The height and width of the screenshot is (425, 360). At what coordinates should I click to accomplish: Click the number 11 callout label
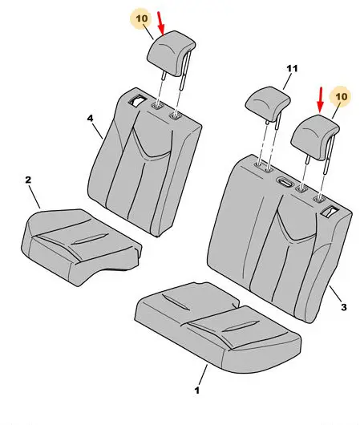pyautogui.click(x=292, y=68)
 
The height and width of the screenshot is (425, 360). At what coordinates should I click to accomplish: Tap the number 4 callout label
pyautogui.click(x=90, y=118)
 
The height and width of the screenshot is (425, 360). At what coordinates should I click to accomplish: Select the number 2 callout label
pyautogui.click(x=28, y=180)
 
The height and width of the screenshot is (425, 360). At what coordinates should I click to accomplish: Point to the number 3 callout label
pyautogui.click(x=343, y=307)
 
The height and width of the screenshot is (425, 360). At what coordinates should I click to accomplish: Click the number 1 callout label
pyautogui.click(x=197, y=390)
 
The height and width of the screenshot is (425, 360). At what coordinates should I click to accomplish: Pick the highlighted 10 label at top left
pyautogui.click(x=142, y=18)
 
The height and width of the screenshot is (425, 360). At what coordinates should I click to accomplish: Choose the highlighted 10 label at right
pyautogui.click(x=341, y=96)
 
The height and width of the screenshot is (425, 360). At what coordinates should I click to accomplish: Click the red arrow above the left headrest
pyautogui.click(x=161, y=23)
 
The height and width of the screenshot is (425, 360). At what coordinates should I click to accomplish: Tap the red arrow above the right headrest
pyautogui.click(x=321, y=100)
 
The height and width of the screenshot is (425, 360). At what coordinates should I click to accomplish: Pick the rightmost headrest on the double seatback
pyautogui.click(x=314, y=137)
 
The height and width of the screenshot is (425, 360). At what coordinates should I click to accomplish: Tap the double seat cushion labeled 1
pyautogui.click(x=216, y=326)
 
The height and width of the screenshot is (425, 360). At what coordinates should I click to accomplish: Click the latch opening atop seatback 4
pyautogui.click(x=138, y=100)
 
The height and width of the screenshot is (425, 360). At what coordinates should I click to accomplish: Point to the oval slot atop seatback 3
pyautogui.click(x=285, y=182)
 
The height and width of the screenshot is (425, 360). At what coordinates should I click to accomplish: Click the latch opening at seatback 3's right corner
pyautogui.click(x=329, y=211)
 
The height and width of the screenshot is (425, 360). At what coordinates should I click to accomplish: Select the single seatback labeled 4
pyautogui.click(x=145, y=163)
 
